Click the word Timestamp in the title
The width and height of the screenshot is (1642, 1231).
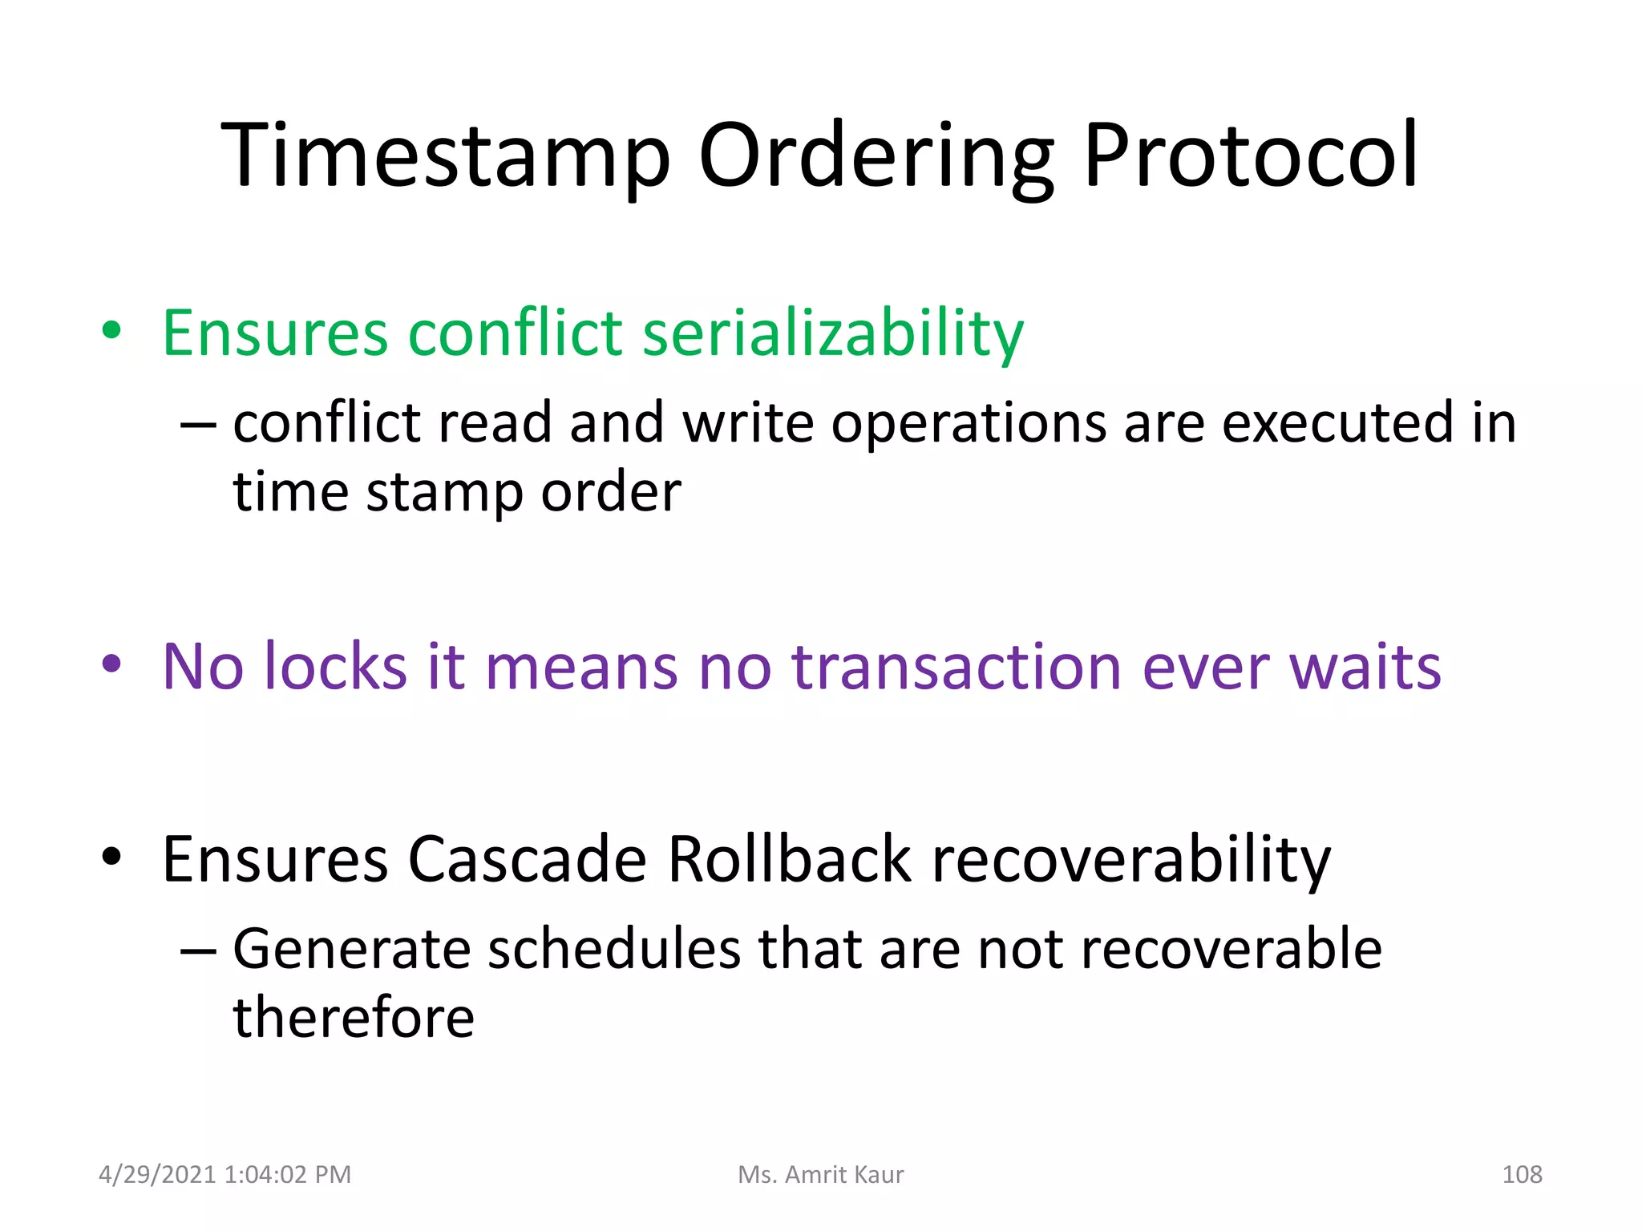click(445, 156)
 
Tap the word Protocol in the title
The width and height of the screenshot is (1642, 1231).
click(1251, 156)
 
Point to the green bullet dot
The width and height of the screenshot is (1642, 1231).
click(111, 330)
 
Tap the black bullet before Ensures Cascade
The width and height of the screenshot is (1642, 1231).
click(111, 857)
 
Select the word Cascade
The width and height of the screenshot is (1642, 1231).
click(527, 859)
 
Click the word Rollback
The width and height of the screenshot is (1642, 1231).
click(789, 859)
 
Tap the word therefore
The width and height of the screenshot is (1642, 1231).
click(354, 1018)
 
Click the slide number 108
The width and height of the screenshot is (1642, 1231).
click(1521, 1175)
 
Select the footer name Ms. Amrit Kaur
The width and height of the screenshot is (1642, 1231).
click(820, 1175)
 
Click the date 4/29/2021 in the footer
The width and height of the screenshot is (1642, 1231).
click(157, 1175)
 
